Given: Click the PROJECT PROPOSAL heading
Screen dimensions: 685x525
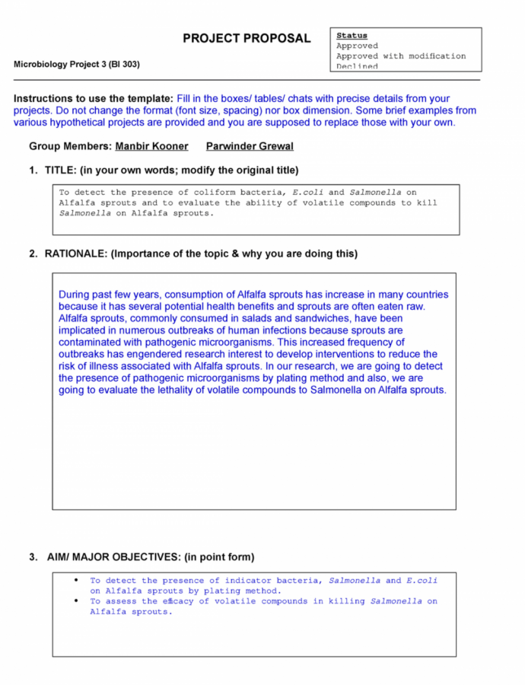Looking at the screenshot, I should (x=247, y=39).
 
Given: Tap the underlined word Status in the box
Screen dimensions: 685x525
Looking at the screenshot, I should (x=352, y=36).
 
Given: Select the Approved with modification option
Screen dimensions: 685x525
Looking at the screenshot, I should (x=401, y=56).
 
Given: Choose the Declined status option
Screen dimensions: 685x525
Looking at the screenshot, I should (x=357, y=66).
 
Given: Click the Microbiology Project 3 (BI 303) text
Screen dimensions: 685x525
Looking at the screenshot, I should (x=77, y=64).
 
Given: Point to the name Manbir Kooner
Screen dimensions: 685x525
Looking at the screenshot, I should (x=151, y=146).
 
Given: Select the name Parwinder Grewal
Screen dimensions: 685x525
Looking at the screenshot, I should (x=250, y=146).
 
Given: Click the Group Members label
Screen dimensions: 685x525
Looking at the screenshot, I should (x=70, y=146).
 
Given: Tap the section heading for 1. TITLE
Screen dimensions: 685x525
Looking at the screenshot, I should (x=164, y=170).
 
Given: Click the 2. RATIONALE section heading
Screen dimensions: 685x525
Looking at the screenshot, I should (x=193, y=253).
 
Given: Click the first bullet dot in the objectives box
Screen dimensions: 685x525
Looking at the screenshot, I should (x=76, y=581).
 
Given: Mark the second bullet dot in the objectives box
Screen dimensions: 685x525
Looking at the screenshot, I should (x=76, y=601).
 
